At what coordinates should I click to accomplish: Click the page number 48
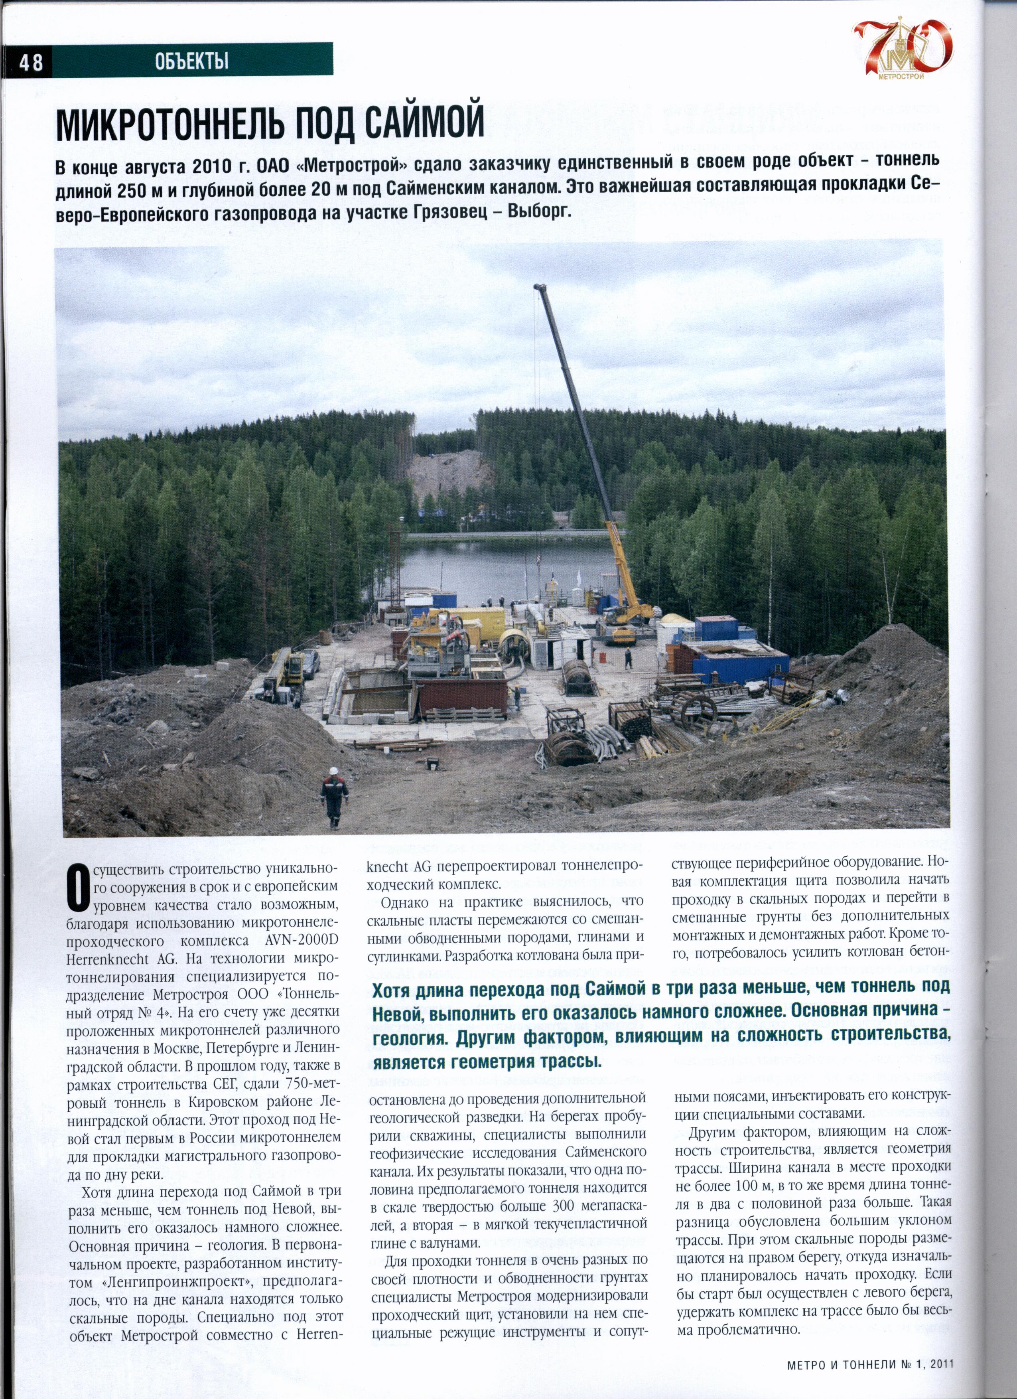(x=30, y=62)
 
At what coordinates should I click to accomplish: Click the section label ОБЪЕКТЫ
(x=192, y=61)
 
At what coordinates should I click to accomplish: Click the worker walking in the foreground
(x=334, y=796)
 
